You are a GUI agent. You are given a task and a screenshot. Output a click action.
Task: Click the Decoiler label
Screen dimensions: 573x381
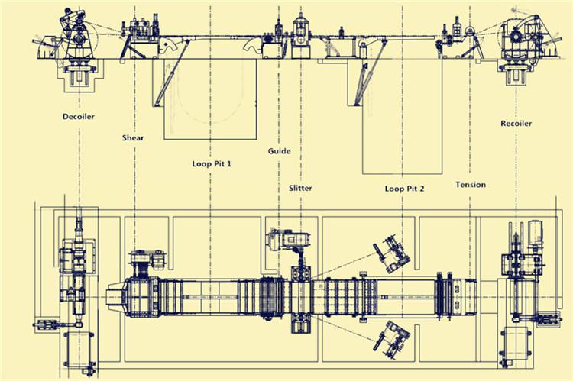click(x=78, y=117)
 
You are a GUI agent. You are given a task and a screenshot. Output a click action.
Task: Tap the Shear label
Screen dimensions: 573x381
click(x=133, y=137)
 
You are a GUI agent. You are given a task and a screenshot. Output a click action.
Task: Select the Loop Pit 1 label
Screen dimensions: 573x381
click(x=212, y=163)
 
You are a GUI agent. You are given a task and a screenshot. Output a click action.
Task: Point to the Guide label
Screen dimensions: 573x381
click(x=279, y=151)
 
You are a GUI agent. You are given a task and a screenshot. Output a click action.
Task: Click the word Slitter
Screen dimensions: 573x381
click(x=300, y=188)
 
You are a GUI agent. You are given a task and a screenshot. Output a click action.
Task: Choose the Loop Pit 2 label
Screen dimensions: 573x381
click(x=404, y=189)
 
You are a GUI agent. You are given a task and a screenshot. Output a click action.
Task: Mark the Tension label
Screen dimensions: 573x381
click(x=471, y=185)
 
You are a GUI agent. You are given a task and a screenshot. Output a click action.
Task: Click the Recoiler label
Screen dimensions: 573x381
click(x=516, y=124)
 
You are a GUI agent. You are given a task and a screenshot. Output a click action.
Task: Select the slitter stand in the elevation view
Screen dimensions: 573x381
click(x=301, y=35)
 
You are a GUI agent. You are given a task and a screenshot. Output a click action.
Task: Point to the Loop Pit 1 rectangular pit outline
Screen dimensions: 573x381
click(x=164, y=110)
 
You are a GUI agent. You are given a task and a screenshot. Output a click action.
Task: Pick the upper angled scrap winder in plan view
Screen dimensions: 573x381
click(x=392, y=253)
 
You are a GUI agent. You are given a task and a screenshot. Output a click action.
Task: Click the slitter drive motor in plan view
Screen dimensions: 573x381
click(x=289, y=240)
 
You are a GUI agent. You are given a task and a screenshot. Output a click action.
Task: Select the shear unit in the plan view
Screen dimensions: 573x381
click(x=144, y=292)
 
